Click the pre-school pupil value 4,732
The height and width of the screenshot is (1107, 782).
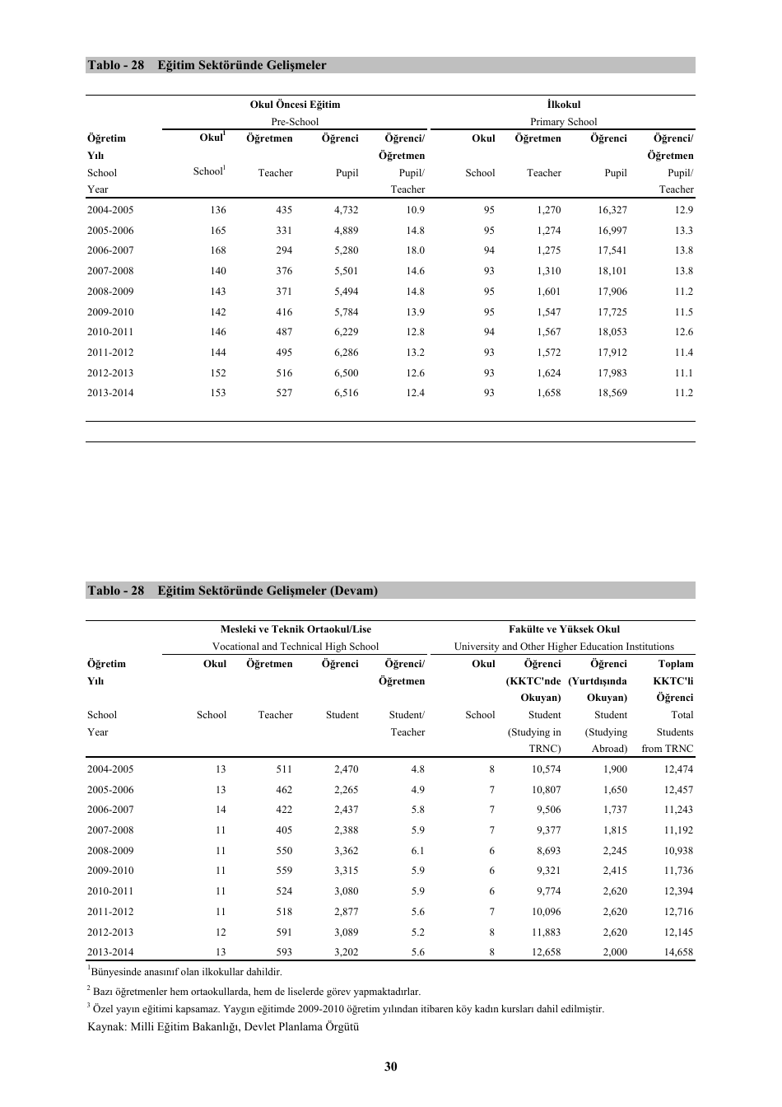[x=346, y=210]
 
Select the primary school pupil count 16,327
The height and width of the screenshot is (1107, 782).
[x=612, y=210]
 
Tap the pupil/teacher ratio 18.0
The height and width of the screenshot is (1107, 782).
[x=415, y=250]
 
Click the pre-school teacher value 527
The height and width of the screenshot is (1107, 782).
[x=284, y=393]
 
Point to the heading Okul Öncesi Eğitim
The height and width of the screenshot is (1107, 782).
[x=295, y=105]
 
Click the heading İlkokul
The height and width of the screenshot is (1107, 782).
[x=563, y=105]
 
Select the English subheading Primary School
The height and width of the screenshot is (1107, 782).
[x=563, y=122]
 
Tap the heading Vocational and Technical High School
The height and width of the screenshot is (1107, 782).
[x=296, y=647]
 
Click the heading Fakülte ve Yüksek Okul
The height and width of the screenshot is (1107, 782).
[x=564, y=629]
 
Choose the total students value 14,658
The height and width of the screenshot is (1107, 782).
[x=678, y=952]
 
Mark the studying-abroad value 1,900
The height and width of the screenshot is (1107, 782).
[x=614, y=769]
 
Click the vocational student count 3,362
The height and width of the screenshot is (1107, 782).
[x=346, y=851]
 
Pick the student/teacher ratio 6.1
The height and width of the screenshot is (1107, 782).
[x=417, y=851]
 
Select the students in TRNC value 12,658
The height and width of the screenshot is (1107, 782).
[x=546, y=952]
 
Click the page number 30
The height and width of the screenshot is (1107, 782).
[x=390, y=1067]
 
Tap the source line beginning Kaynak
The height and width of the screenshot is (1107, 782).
[x=223, y=1026]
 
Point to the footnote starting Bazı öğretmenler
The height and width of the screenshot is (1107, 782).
[x=256, y=992]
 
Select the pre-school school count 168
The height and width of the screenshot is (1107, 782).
[x=217, y=250]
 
